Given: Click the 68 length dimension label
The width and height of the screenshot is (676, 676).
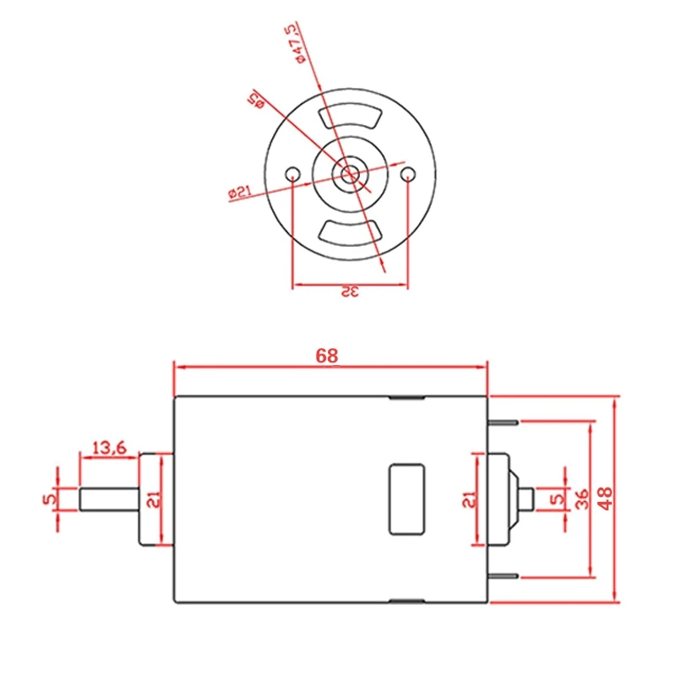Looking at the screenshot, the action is click(x=327, y=356).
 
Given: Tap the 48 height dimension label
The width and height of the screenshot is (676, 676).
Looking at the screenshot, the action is click(x=605, y=499).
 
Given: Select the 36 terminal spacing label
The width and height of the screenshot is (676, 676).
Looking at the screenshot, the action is click(x=582, y=499).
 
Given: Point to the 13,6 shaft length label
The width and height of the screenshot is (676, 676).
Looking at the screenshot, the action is click(x=110, y=448).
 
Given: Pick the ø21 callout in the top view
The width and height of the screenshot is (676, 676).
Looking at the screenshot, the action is click(x=240, y=192).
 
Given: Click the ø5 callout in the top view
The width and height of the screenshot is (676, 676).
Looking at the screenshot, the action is click(x=256, y=100).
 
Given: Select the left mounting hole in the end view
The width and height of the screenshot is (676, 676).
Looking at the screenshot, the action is click(x=292, y=175).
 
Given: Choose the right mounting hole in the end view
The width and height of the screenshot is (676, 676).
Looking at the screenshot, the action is click(x=408, y=175).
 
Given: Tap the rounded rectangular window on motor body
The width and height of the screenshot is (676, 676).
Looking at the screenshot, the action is click(x=406, y=499).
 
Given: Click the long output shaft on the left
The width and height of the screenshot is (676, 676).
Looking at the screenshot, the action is click(x=109, y=499).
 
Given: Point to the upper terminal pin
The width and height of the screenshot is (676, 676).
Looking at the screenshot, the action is click(x=503, y=422).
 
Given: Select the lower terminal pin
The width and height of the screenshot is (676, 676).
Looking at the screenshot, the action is click(x=503, y=576).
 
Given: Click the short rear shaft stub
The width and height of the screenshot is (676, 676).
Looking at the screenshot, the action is click(x=526, y=499).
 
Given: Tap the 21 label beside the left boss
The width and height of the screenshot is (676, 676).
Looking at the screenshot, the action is click(x=154, y=499).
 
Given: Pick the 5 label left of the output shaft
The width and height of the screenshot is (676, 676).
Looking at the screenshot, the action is click(x=50, y=499).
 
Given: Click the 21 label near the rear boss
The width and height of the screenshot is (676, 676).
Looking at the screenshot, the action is click(x=470, y=499).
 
